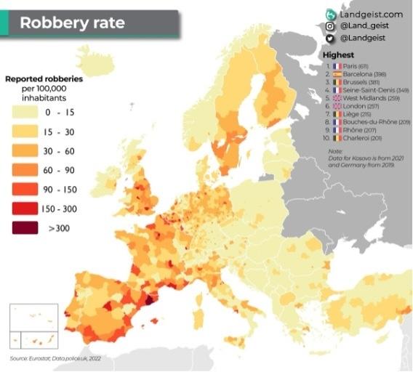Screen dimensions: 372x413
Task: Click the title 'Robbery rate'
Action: pyautogui.click(x=72, y=23)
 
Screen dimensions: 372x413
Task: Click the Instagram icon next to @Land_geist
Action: pyautogui.click(x=330, y=26)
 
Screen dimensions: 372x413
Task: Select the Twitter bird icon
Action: pyautogui.click(x=330, y=38)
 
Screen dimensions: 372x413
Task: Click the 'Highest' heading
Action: pyautogui.click(x=340, y=55)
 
